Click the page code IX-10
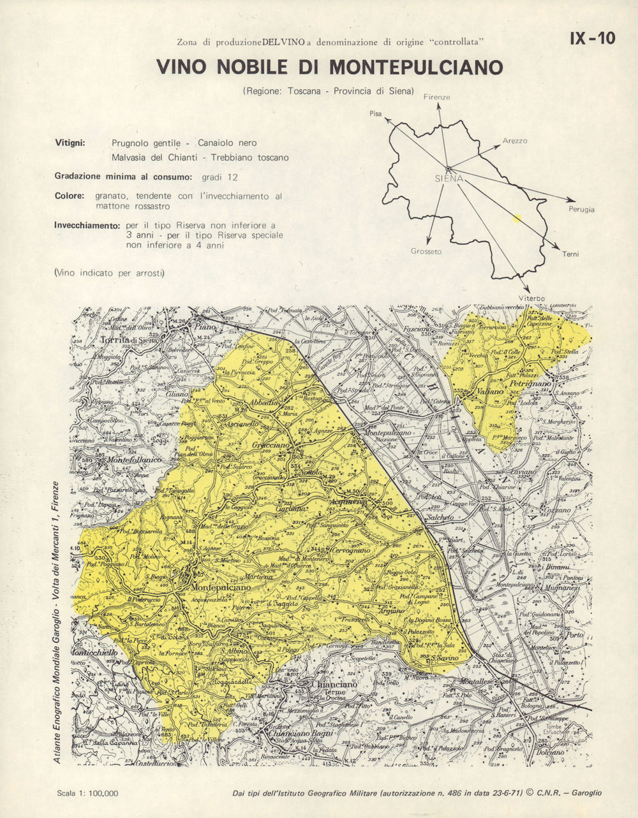coord(593,39)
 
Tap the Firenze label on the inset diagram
coord(436,98)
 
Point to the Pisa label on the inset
coord(375,113)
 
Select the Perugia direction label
coord(581,209)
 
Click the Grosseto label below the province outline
coord(426,252)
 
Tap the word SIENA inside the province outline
coord(449,179)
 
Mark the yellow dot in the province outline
coord(517,218)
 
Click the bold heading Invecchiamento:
coord(87,226)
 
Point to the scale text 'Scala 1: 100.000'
coord(87,793)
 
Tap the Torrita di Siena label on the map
coord(129,340)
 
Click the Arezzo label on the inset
coord(515,141)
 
